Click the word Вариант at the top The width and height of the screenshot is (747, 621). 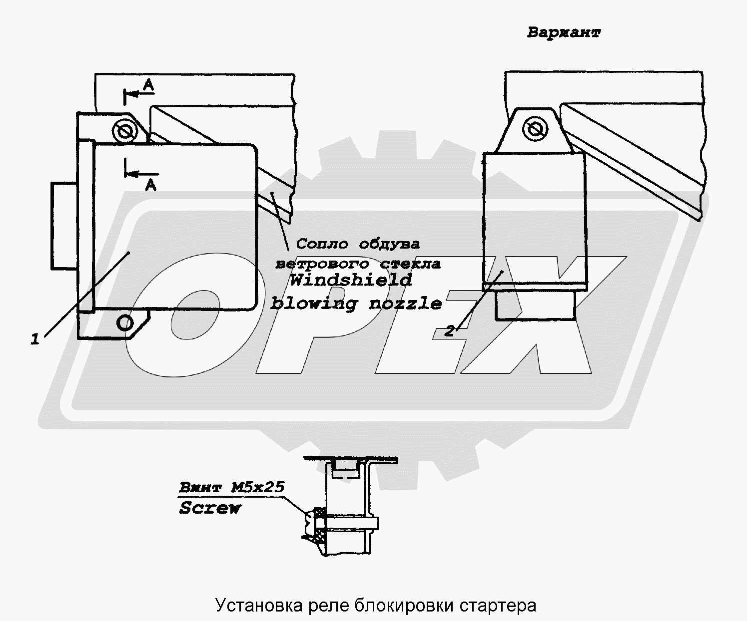click(564, 33)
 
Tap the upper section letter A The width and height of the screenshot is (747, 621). click(148, 86)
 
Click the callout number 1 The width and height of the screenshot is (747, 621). click(34, 340)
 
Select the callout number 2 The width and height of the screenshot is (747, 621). click(450, 330)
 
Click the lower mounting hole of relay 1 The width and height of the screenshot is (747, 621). click(125, 322)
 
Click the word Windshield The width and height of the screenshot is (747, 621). click(351, 280)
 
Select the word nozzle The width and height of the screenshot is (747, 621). click(405, 303)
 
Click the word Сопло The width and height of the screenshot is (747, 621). click(322, 244)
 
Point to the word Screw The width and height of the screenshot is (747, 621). click(210, 508)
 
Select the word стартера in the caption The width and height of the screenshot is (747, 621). click(502, 606)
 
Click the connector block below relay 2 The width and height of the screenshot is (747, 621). click(535, 306)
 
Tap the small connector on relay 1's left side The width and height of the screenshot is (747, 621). click(63, 225)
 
